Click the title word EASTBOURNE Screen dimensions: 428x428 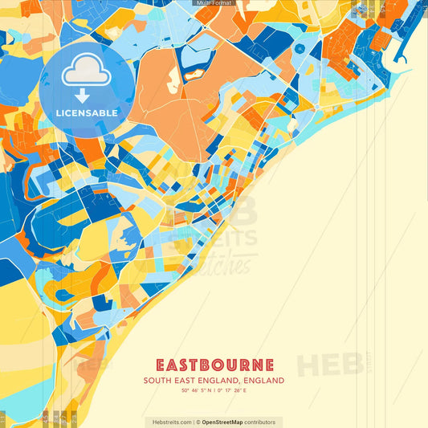click(x=214, y=365)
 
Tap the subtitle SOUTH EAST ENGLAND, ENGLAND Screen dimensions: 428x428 click(x=214, y=380)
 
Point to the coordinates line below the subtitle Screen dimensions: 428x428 click(x=214, y=390)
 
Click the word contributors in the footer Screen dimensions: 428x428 click(x=260, y=422)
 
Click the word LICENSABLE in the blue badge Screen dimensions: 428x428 click(x=87, y=113)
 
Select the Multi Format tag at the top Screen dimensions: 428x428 click(x=214, y=3)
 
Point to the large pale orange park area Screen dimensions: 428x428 click(x=173, y=92)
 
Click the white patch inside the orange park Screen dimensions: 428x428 click(x=173, y=78)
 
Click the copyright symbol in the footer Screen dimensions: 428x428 click(x=198, y=422)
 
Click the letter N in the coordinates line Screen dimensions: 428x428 click(x=211, y=390)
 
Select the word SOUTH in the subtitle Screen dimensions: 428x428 click(x=157, y=380)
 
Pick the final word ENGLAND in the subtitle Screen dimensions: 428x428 click(x=263, y=380)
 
